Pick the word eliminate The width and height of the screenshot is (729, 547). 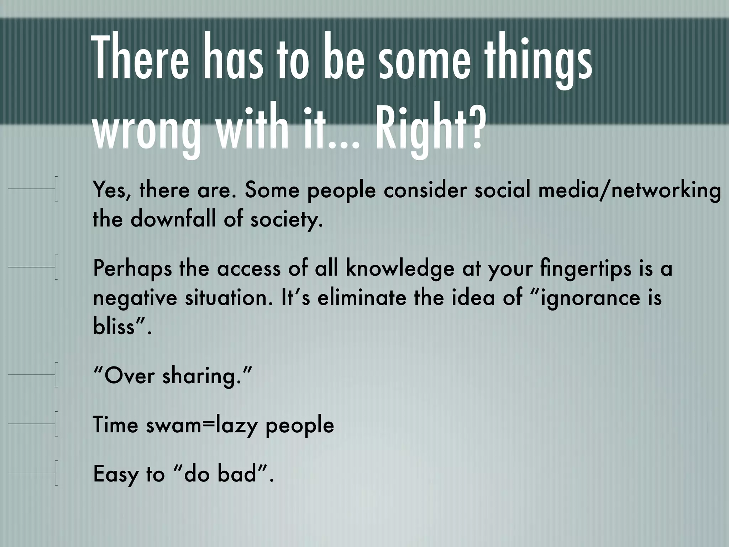tap(362, 297)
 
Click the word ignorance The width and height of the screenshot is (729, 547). tap(591, 298)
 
